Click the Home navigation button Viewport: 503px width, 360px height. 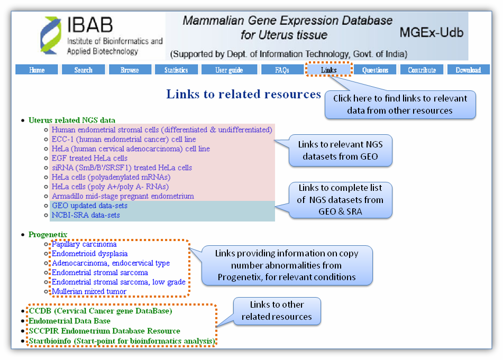point(36,70)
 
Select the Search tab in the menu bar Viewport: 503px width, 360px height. point(83,70)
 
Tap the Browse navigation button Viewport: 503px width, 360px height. point(130,70)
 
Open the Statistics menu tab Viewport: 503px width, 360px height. point(176,70)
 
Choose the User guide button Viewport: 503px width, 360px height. point(229,70)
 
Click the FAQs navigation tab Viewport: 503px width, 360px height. point(282,70)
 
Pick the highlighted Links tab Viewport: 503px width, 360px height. point(328,70)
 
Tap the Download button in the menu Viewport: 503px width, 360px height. point(468,70)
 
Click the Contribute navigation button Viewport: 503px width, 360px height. point(422,70)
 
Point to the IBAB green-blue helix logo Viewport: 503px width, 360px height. point(51,35)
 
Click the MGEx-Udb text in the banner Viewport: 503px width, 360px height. point(431,33)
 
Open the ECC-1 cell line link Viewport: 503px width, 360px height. point(123,140)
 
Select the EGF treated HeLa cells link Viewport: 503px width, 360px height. point(89,159)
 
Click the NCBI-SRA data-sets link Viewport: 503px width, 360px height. point(86,215)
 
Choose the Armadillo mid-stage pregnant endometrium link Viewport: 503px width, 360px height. point(123,197)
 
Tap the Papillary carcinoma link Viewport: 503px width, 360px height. point(84,245)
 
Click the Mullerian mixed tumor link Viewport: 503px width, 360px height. point(89,291)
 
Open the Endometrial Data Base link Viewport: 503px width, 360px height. point(69,321)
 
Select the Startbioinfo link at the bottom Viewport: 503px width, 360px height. point(122,341)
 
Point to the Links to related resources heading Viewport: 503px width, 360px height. point(243,94)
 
